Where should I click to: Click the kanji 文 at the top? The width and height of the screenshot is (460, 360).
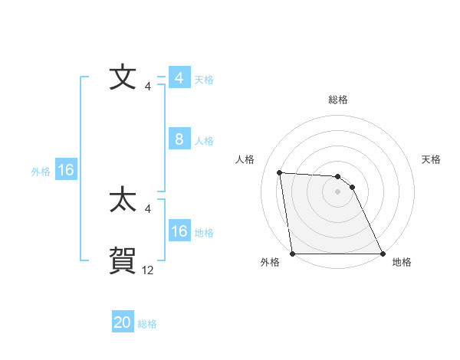point(123,78)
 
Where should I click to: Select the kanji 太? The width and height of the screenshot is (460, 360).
point(123,201)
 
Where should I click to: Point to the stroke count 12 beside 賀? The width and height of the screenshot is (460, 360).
point(148,270)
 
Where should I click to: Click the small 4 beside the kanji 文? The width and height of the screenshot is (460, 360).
point(148,87)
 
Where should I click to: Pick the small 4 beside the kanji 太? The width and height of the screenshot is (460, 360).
point(148,209)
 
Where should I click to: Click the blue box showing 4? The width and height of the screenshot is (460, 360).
point(179,78)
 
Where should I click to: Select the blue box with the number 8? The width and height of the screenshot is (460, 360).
point(179,139)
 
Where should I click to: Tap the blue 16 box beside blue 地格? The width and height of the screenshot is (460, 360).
point(179,231)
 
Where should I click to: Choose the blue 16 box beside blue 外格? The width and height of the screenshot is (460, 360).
point(66,170)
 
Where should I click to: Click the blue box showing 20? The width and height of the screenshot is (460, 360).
point(123,322)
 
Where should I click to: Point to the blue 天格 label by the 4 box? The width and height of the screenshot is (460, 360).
point(204,80)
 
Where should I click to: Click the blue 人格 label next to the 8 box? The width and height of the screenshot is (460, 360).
point(204,141)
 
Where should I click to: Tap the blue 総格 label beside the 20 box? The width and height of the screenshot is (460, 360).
point(147,324)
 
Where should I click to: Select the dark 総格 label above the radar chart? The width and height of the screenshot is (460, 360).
point(337,100)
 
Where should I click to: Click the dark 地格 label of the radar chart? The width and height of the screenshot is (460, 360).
point(402,263)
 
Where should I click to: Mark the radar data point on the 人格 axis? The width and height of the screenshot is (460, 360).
point(279,172)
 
